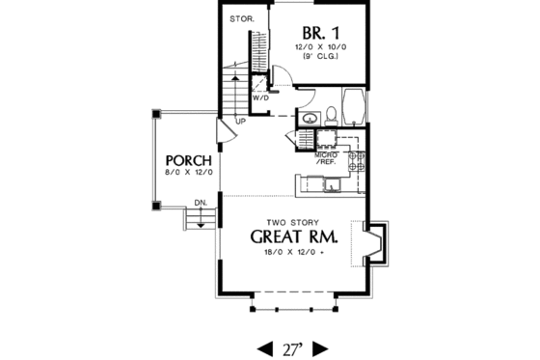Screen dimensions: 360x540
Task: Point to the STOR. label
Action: coord(240,19)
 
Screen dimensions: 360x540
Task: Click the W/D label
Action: coord(260,98)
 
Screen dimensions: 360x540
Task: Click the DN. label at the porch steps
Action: coord(200,202)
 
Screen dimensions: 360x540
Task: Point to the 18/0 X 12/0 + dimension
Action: coord(293,252)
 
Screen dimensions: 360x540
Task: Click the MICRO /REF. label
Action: coord(327,158)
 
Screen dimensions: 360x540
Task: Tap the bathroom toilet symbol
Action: coord(330,115)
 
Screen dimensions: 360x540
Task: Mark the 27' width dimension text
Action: coord(293,346)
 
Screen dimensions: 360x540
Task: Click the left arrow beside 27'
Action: coord(264,346)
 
